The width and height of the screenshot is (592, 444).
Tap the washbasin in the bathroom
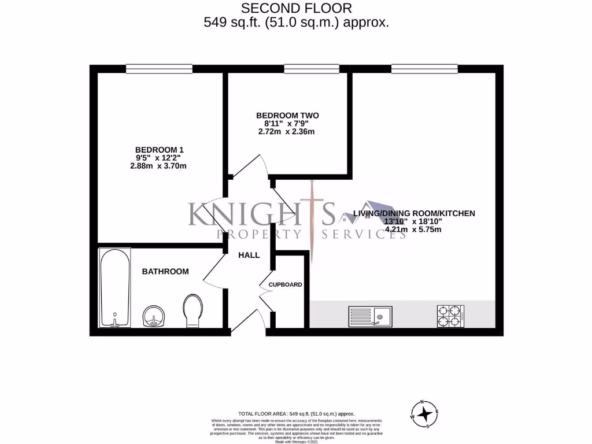click(153, 316)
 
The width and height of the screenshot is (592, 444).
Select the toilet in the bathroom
click(191, 312)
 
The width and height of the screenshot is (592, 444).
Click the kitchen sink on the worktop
click(369, 316)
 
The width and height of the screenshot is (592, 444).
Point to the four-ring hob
click(450, 316)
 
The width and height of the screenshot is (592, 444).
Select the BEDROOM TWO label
click(288, 116)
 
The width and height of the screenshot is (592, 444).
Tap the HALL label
click(249, 255)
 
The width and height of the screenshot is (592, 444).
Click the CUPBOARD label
click(285, 284)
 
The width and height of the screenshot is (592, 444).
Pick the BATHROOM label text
click(165, 271)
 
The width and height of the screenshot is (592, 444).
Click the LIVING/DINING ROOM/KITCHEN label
click(414, 213)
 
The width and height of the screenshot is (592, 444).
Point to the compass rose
click(425, 413)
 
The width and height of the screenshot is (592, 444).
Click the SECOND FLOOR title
click(295, 8)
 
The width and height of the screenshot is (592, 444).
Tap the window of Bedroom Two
click(311, 69)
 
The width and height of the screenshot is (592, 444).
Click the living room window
click(424, 69)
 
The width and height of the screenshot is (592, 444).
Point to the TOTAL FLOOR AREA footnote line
click(297, 415)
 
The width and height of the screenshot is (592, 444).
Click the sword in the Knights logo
click(312, 220)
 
